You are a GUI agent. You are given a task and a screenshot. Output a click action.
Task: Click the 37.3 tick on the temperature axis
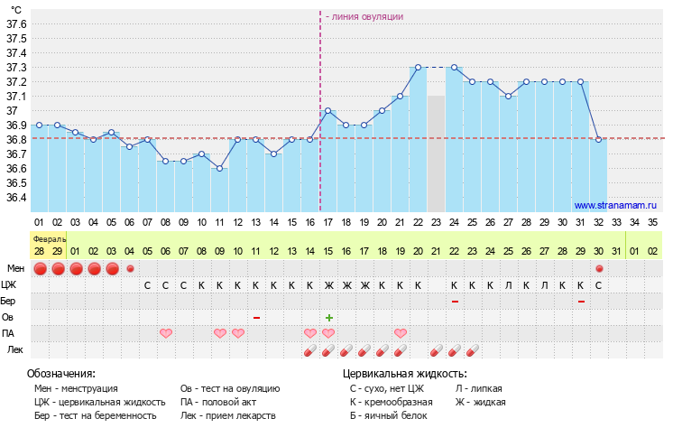[x=16, y=68]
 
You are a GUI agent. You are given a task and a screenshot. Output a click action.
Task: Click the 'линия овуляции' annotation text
[x=364, y=16]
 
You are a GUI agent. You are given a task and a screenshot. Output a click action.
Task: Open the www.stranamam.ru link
[x=616, y=205]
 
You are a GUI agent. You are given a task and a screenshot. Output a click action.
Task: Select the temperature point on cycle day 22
[x=418, y=68]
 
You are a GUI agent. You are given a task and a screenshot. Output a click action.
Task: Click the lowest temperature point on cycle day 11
[x=219, y=168]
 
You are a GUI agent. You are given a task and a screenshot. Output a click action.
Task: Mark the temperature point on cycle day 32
[x=599, y=139]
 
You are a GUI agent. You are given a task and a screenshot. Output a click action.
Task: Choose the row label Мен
[x=15, y=268]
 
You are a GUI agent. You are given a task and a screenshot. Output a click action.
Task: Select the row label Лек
[x=15, y=349]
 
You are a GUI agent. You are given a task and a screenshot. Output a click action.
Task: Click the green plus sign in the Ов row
[x=329, y=317]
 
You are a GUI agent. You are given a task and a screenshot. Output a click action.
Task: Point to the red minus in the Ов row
[x=256, y=317]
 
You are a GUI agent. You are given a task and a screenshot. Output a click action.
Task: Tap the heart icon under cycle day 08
[x=166, y=333]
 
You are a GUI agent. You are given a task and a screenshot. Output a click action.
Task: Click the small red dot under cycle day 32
[x=599, y=268]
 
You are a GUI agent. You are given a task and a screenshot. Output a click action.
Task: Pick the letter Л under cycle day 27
[x=509, y=284]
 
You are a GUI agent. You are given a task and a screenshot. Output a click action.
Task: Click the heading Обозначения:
[x=61, y=373]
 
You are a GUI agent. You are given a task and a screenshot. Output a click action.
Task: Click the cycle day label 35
[x=653, y=221]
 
